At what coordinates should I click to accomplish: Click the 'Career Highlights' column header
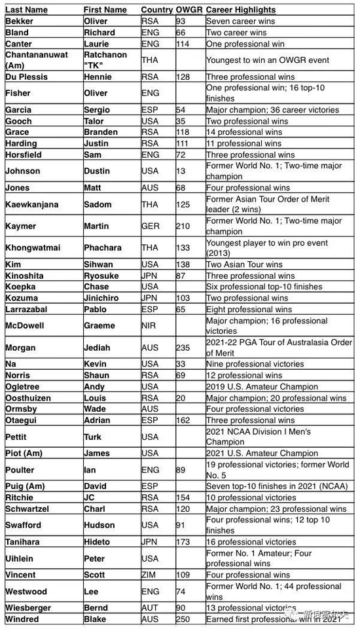point(240,10)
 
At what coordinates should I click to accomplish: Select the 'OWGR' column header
point(189,10)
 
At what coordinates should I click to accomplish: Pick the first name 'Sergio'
point(97,110)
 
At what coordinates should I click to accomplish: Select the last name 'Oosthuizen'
point(29,398)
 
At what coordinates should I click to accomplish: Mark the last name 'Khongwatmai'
point(32,248)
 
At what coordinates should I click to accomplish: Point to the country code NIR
point(149,325)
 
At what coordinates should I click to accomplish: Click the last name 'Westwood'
point(26,591)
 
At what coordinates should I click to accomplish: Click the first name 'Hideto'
point(97,541)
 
